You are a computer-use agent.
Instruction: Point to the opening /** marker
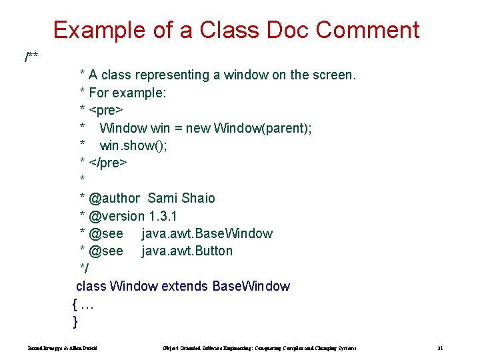31,57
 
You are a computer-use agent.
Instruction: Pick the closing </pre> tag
107,163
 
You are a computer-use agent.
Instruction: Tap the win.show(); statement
133,145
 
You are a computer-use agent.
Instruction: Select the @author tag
114,198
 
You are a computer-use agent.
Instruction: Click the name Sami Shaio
181,198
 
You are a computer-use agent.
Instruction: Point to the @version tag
117,216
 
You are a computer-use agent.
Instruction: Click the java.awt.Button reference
187,251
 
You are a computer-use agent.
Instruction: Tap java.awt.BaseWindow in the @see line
207,233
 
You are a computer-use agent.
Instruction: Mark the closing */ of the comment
84,268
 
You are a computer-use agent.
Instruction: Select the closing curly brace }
75,321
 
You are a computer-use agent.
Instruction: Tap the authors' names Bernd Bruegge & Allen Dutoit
63,348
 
